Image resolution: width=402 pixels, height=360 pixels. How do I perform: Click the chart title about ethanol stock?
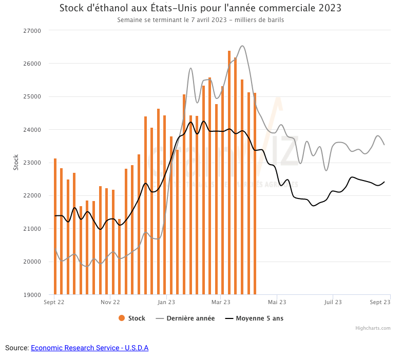click(x=200, y=9)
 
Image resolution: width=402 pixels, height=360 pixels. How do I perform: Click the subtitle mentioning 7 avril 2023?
click(x=200, y=20)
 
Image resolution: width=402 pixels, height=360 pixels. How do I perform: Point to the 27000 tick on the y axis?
click(x=33, y=31)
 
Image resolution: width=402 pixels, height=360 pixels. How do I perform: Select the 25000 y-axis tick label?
click(x=33, y=96)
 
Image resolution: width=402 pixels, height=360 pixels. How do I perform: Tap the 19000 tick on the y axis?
click(x=33, y=295)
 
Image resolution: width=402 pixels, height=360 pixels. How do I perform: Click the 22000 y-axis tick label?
click(x=33, y=196)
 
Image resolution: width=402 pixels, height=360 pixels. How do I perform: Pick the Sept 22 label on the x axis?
click(x=54, y=303)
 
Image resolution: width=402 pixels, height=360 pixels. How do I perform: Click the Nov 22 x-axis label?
click(x=110, y=303)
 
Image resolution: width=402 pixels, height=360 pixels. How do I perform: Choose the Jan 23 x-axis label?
click(x=166, y=303)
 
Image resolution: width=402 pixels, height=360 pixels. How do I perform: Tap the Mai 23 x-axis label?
click(x=276, y=303)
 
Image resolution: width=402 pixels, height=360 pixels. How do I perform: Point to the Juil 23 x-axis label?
click(x=333, y=303)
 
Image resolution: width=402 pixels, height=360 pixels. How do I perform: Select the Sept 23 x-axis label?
click(x=380, y=303)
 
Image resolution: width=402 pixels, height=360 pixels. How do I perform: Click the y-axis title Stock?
click(x=16, y=163)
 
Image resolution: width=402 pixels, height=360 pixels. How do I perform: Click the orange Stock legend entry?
click(x=132, y=318)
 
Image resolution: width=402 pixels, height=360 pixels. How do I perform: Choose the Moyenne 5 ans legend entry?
click(x=255, y=318)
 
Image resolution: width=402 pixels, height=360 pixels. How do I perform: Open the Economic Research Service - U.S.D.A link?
click(x=89, y=348)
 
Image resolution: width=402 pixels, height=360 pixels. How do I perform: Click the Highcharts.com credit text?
click(x=373, y=328)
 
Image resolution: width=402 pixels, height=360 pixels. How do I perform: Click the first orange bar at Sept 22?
click(x=55, y=226)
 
